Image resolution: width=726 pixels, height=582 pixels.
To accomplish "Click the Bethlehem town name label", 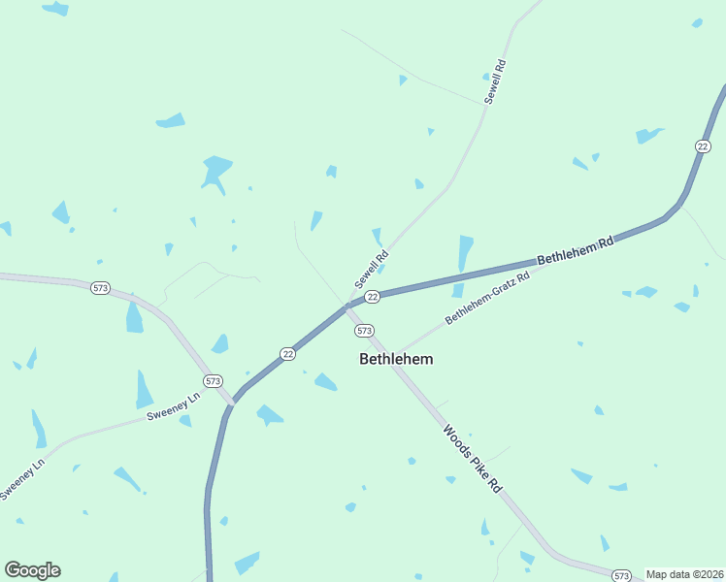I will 396,359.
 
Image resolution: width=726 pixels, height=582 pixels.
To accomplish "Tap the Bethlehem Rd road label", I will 576,255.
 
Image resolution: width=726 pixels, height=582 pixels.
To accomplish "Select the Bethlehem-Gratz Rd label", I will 487,299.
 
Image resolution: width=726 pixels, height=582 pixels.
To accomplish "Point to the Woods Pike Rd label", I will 472,458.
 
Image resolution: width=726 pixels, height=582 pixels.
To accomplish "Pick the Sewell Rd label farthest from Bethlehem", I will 495,82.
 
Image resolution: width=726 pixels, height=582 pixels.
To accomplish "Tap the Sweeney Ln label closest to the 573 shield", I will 173,407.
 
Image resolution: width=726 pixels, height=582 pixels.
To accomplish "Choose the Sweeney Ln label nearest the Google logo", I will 23,479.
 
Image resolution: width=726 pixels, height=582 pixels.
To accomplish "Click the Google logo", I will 32,570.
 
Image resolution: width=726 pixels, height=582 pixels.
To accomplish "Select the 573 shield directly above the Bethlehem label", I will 364,331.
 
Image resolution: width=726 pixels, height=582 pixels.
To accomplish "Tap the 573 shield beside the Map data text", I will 623,575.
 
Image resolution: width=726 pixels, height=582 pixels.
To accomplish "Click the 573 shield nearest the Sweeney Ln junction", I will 214,380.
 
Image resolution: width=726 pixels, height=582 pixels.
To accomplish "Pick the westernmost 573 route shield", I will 100,288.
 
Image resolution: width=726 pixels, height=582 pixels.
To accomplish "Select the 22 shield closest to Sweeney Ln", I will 287,354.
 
